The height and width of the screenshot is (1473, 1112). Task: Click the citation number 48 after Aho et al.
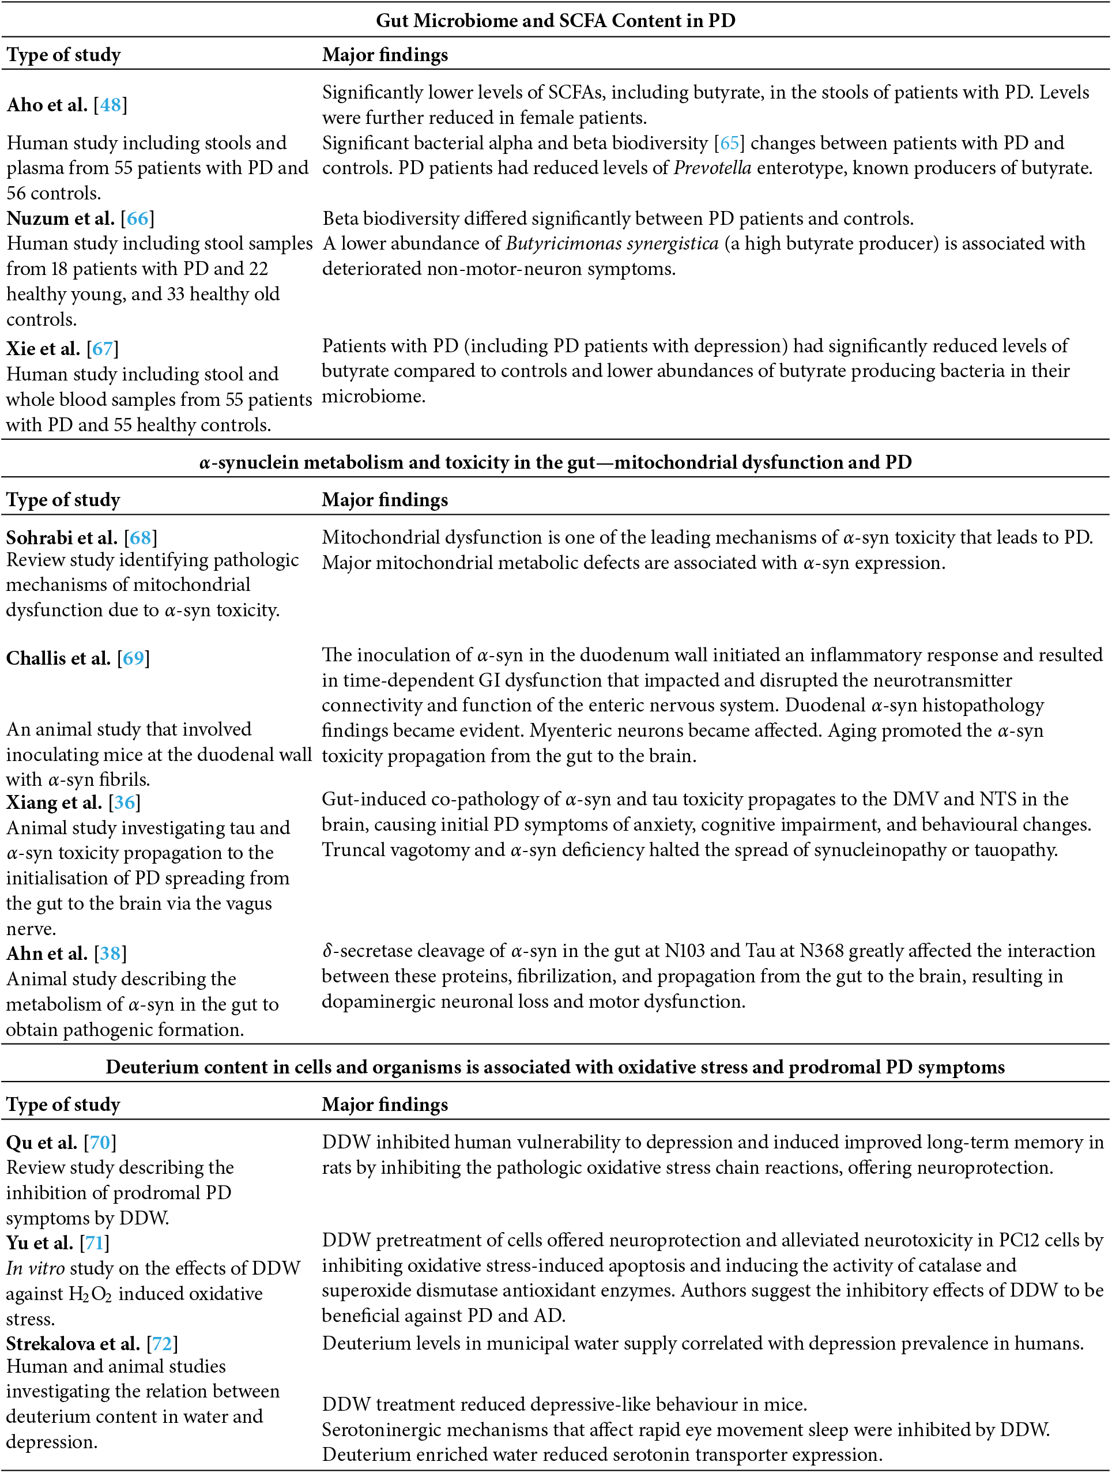[x=110, y=105]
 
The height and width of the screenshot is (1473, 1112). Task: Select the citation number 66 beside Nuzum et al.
[x=137, y=218]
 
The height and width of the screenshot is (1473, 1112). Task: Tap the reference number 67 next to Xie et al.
[x=103, y=348]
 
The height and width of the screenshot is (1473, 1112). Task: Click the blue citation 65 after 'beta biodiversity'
[x=729, y=143]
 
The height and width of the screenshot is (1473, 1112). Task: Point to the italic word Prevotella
[x=713, y=168]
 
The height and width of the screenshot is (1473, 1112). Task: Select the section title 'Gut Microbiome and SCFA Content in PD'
[x=555, y=21]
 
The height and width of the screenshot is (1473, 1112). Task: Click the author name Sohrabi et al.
[x=62, y=537]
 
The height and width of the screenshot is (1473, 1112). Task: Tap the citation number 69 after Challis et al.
[x=133, y=658]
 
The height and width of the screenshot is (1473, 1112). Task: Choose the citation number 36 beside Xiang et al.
[x=125, y=803]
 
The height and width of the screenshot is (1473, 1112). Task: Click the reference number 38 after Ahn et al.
[x=110, y=954]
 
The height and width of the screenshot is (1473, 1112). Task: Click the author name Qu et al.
[x=42, y=1143]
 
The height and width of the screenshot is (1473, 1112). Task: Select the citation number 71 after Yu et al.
[x=94, y=1242]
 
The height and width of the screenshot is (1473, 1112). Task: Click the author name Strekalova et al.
[x=73, y=1344]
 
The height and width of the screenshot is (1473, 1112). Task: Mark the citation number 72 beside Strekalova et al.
[x=162, y=1344]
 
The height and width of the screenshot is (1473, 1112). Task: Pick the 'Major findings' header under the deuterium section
[x=385, y=1105]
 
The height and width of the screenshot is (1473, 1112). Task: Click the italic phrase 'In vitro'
[x=35, y=1268]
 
